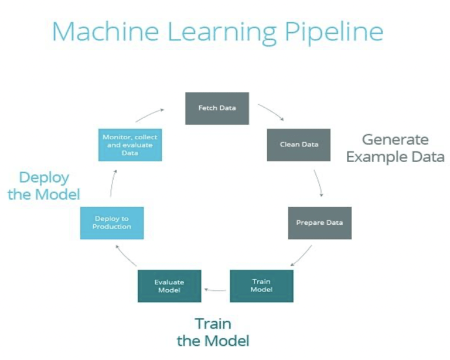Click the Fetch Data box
tap(217, 108)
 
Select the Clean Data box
tap(298, 145)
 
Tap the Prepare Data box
tap(319, 223)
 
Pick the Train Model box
tap(261, 286)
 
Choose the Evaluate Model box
tap(169, 286)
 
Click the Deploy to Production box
tap(112, 223)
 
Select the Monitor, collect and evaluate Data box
tap(130, 145)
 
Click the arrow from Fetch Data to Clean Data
tap(271, 112)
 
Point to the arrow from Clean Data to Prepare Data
tap(319, 183)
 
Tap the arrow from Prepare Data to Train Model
tap(301, 256)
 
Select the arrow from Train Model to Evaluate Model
tap(216, 289)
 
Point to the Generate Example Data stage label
tap(395, 149)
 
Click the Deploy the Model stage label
tap(44, 186)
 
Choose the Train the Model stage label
tap(213, 332)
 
